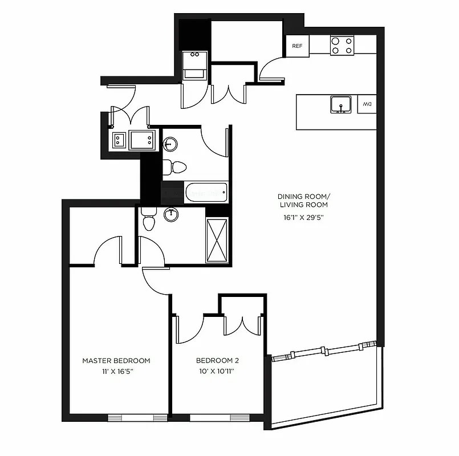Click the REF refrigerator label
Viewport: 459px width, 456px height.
[x=297, y=46]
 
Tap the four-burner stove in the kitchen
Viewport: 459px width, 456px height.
[x=342, y=45]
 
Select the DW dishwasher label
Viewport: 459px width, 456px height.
[x=367, y=104]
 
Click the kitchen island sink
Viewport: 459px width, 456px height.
[x=341, y=104]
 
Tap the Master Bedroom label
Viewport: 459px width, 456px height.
[x=116, y=361]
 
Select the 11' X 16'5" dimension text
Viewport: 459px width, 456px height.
[x=116, y=372]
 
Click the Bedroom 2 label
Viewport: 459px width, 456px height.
[x=217, y=361]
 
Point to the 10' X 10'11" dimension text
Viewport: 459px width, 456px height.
[x=217, y=372]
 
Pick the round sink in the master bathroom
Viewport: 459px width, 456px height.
[x=170, y=214]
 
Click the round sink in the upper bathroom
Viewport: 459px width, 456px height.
[x=170, y=143]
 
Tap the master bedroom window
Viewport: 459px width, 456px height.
[x=137, y=418]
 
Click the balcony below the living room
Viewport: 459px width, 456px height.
[x=325, y=388]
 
